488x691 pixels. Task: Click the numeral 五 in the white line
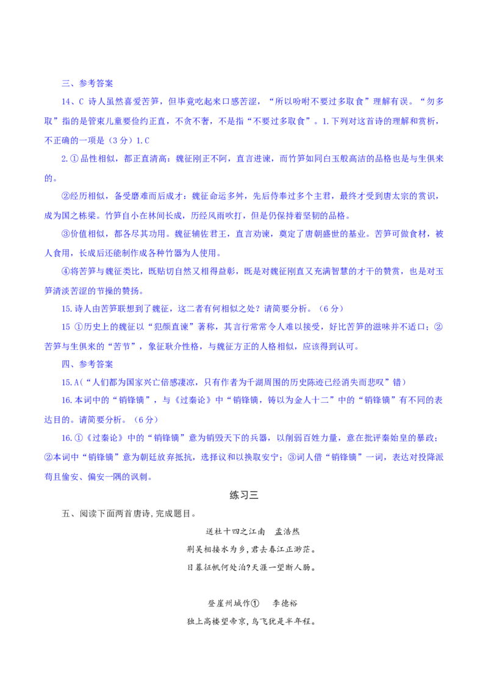point(66,514)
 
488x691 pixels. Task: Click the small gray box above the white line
point(244,495)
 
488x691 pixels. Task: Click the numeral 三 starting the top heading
point(65,82)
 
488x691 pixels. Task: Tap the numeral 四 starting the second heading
point(65,364)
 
